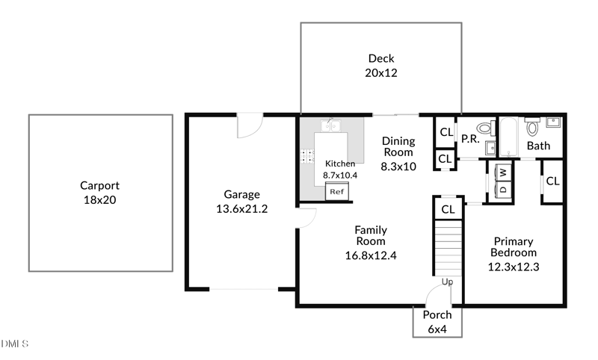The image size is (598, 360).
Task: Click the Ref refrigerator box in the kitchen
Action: (x=337, y=191)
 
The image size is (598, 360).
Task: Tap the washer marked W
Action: (x=503, y=173)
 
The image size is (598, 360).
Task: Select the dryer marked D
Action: (x=503, y=189)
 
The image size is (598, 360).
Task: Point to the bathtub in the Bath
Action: (x=509, y=137)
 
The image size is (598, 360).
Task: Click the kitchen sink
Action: (x=330, y=125)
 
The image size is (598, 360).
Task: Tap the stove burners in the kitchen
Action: (x=307, y=156)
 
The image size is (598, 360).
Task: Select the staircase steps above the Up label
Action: (x=448, y=248)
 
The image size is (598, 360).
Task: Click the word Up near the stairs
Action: (x=447, y=282)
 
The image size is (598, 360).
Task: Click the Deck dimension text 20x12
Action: (x=381, y=72)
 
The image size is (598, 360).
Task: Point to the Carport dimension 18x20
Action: (x=100, y=200)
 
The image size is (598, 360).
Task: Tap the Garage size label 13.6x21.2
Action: (x=241, y=209)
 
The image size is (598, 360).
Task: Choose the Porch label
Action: (x=437, y=315)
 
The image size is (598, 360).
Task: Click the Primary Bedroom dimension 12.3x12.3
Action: (x=514, y=267)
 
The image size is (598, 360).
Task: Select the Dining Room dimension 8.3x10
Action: (x=398, y=167)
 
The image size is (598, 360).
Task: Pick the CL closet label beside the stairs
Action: (x=448, y=209)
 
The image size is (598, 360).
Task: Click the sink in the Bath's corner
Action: (x=553, y=122)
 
